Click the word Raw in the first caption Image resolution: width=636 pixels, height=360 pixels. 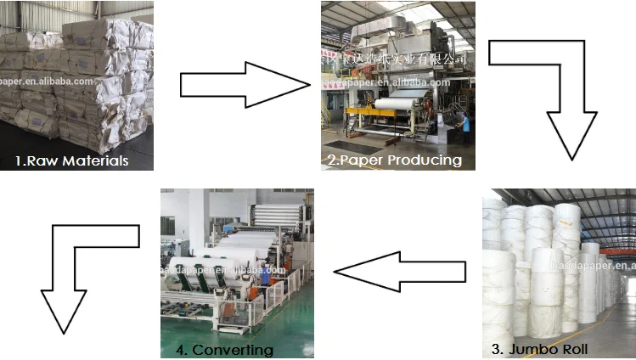[x=42, y=160]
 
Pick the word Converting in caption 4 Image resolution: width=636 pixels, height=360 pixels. [x=233, y=349]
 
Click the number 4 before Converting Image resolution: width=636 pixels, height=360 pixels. [x=179, y=349]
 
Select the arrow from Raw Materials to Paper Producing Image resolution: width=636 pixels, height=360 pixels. [x=245, y=86]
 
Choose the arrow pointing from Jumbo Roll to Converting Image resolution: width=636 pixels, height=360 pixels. [x=399, y=271]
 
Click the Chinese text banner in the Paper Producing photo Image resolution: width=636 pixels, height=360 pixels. [x=399, y=58]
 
